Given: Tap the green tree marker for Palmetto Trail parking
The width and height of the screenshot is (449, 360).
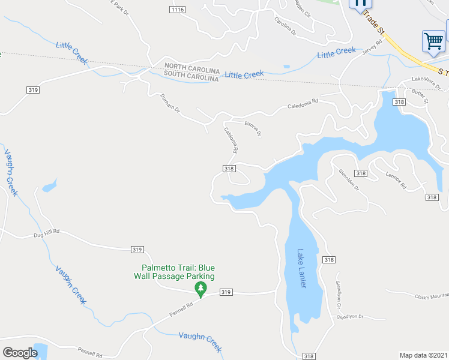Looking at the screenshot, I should (x=200, y=290).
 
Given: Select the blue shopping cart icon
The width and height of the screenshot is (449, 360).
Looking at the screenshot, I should (x=433, y=41).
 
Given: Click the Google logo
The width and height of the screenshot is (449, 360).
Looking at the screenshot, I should (x=20, y=352).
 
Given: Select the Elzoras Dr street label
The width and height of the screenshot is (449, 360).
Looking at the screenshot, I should (x=253, y=128).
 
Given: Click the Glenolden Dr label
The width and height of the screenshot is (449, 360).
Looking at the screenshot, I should (x=348, y=178).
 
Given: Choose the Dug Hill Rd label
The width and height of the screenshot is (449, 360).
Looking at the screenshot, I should (x=47, y=232).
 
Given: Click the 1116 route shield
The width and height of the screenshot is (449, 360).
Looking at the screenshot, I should (x=177, y=10).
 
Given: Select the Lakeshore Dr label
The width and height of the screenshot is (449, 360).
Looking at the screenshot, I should (x=427, y=82).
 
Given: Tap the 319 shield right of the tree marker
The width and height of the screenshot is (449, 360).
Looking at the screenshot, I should (x=226, y=292).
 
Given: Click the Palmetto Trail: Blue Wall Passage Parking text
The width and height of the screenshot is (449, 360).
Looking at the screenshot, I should (x=178, y=272).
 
